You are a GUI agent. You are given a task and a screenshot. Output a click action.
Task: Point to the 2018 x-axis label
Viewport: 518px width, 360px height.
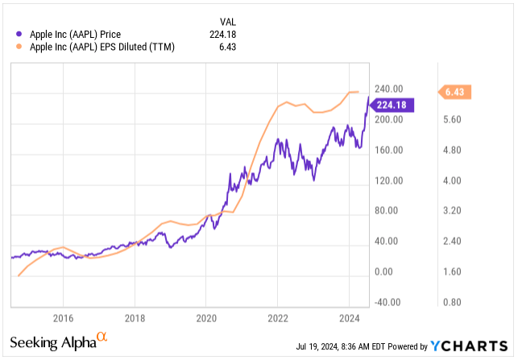[x=135, y=317]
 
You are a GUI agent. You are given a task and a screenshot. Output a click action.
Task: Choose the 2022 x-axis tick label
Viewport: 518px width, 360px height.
[x=278, y=317]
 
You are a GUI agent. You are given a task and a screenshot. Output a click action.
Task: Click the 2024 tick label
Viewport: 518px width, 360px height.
[x=350, y=317]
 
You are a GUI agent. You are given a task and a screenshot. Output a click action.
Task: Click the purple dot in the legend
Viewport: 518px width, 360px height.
[x=19, y=34]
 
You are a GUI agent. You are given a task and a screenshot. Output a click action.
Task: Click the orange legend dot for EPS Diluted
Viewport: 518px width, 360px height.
[x=19, y=48]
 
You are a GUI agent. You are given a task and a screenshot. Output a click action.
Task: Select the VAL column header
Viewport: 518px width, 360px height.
[x=230, y=20]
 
